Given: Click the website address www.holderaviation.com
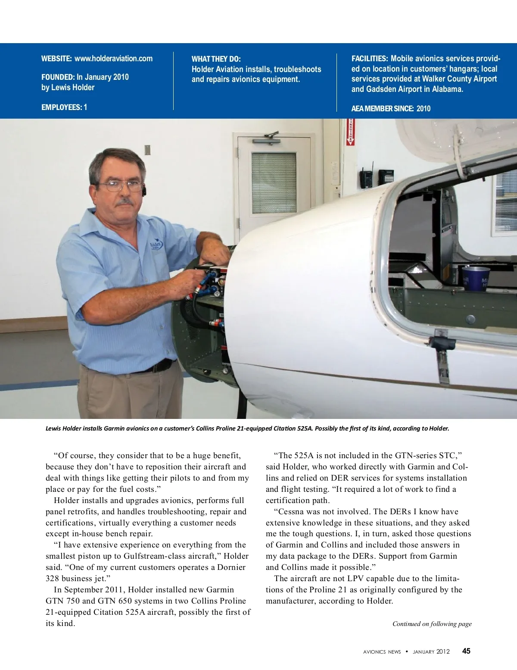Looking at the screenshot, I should (113, 59).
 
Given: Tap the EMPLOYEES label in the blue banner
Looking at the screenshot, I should (61, 107).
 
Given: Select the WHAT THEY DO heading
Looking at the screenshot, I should (216, 59).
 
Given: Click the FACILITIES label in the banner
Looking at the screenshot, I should (370, 59).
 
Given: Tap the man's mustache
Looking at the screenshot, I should (125, 201).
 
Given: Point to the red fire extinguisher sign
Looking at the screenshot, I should (351, 132).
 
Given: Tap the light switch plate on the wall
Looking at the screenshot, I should (147, 150).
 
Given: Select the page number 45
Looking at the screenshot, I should (466, 651).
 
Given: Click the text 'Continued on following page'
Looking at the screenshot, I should (432, 624).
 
